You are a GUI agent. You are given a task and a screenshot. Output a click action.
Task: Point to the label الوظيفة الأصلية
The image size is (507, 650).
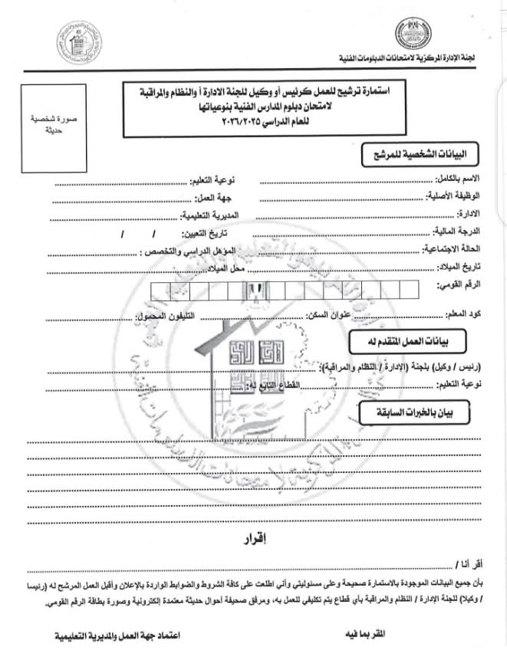coord(453,197)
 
